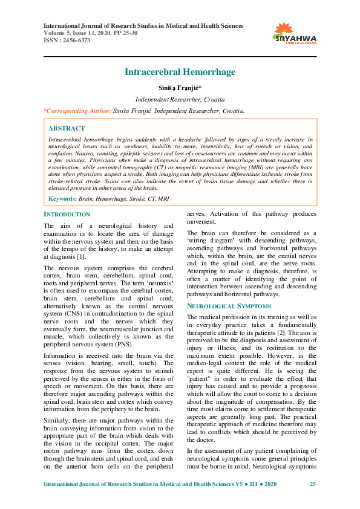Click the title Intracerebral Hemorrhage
tap(180, 72)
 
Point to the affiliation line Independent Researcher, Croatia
tap(180, 99)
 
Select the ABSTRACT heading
tap(66, 128)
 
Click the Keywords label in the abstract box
tap(62, 198)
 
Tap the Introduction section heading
tap(67, 215)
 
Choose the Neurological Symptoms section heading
tap(224, 306)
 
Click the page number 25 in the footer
tap(313, 485)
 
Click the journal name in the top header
tap(143, 26)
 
